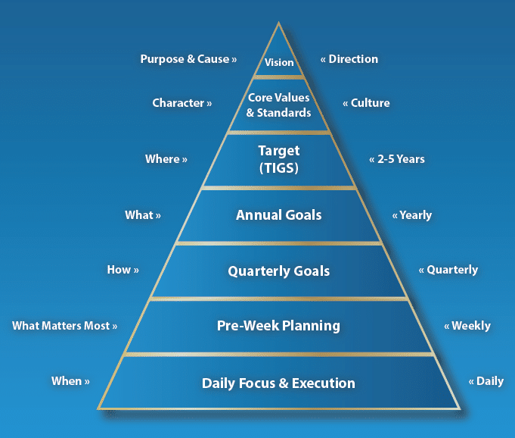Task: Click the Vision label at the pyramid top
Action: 279,62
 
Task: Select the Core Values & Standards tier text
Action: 278,105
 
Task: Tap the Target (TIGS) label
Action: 279,159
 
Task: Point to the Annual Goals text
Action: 278,215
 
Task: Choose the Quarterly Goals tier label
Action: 279,271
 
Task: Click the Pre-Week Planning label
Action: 278,325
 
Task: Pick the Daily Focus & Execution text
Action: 278,383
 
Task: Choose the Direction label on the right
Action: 353,59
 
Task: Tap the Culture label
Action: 370,102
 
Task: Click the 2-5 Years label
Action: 401,159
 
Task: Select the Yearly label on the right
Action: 415,215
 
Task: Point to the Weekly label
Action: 471,326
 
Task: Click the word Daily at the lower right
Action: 490,381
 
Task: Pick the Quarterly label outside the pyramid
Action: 452,270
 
